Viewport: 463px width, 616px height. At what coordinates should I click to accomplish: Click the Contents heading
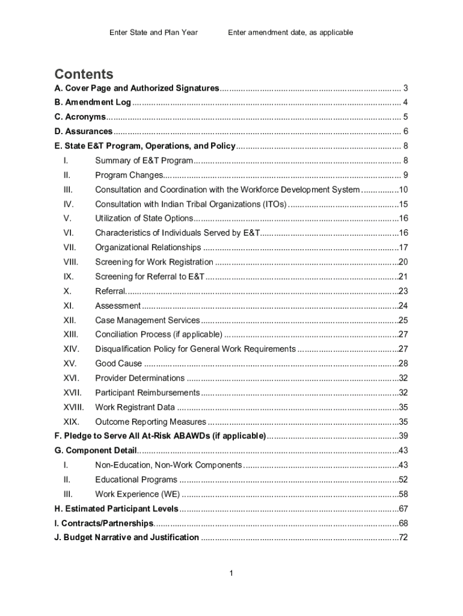[x=84, y=74]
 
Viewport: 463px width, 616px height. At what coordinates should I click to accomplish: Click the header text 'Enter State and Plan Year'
[x=153, y=32]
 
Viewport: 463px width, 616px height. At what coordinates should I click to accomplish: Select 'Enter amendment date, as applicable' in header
[x=290, y=32]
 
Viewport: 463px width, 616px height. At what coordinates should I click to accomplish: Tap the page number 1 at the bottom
[x=231, y=573]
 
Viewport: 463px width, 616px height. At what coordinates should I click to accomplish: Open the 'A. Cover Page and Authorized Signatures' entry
[x=136, y=88]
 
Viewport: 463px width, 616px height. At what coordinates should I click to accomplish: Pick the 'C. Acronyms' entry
[x=80, y=117]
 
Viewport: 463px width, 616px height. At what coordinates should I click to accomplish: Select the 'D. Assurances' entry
[x=84, y=131]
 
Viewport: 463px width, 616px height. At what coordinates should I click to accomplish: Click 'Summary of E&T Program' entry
[x=144, y=161]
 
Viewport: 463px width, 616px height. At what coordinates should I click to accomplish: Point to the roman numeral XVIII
[x=73, y=407]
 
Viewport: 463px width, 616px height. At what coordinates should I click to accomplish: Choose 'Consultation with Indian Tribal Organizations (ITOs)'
[x=191, y=204]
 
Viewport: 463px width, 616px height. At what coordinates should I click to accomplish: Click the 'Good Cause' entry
[x=119, y=363]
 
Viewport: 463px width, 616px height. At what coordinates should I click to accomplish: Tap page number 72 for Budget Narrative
[x=403, y=537]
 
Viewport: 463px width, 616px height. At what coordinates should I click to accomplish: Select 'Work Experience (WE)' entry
[x=137, y=494]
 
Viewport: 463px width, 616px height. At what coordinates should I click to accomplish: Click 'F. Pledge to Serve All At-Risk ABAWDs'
[x=160, y=436]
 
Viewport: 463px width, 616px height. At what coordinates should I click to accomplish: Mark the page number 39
[x=403, y=436]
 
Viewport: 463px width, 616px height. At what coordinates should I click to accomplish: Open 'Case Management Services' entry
[x=148, y=320]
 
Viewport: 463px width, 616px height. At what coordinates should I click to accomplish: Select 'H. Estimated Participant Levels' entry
[x=116, y=508]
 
